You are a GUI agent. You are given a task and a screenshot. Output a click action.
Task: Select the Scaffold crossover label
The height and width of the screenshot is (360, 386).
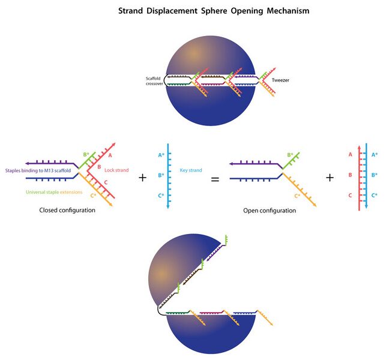(154, 80)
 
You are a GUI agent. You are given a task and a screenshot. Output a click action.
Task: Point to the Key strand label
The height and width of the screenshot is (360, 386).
(189, 171)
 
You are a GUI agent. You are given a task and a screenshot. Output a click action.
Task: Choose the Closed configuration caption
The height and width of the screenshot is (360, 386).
(67, 211)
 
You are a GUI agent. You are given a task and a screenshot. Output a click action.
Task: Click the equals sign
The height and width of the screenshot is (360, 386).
(215, 178)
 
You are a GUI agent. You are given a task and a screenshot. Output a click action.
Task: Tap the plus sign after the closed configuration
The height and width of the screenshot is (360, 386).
(142, 178)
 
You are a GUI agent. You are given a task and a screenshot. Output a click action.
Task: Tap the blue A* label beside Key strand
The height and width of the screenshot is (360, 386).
(161, 155)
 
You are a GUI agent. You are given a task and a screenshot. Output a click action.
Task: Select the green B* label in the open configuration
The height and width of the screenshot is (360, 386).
(289, 155)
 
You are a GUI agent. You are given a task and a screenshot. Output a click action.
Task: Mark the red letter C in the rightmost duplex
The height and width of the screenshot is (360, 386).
(349, 196)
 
